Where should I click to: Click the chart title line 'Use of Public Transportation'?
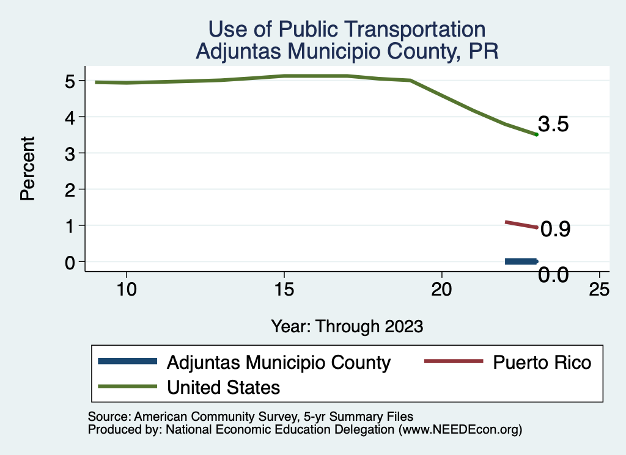[x=347, y=29]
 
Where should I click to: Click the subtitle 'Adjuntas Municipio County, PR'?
[x=347, y=51]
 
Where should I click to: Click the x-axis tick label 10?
[x=126, y=289]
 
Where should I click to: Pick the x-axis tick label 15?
[x=284, y=289]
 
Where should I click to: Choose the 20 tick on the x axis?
[x=441, y=289]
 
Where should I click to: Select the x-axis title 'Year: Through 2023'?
[x=347, y=326]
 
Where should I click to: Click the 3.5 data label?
[x=554, y=125]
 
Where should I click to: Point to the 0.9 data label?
[x=556, y=229]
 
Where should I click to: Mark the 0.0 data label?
[x=553, y=275]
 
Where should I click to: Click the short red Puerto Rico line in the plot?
[x=520, y=224]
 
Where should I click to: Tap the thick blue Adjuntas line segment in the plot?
[x=520, y=261]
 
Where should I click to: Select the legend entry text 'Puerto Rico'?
[x=542, y=362]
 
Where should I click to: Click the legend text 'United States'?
[x=223, y=387]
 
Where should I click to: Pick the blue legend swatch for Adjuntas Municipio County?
[x=127, y=362]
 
